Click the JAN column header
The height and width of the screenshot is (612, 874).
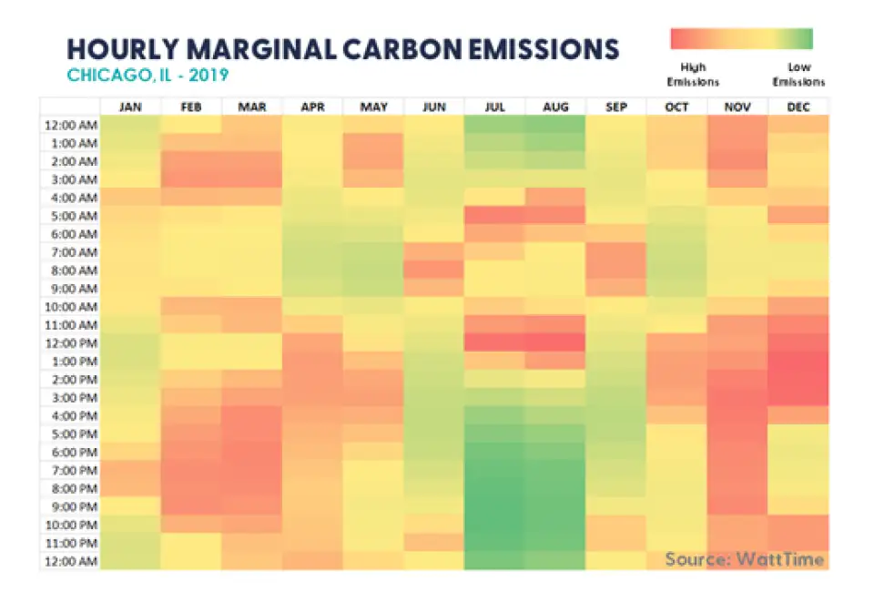(130, 107)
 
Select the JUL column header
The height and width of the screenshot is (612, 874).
(495, 107)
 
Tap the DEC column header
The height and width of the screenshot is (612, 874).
(798, 107)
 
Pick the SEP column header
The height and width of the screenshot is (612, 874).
(616, 107)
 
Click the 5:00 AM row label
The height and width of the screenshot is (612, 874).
(70, 216)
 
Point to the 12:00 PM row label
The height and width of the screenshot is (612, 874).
(70, 343)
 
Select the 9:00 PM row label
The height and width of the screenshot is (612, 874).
(70, 506)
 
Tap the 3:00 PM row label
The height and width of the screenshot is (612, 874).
(70, 398)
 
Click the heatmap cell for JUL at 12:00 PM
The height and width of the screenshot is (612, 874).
(495, 343)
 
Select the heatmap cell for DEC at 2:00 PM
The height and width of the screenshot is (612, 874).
(798, 380)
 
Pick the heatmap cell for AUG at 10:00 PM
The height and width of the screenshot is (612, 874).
(555, 525)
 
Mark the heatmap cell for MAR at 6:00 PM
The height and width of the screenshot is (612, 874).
(252, 452)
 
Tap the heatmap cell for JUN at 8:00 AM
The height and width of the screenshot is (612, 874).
(434, 270)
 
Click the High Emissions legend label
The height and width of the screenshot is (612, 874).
(693, 75)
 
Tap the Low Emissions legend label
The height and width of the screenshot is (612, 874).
(798, 75)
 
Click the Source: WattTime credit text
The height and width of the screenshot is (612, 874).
(744, 559)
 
